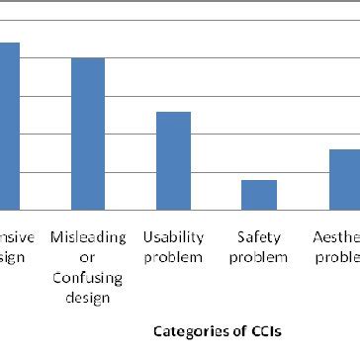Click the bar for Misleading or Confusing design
click(88, 134)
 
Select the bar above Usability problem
click(173, 160)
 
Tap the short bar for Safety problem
click(259, 195)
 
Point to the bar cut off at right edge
click(344, 179)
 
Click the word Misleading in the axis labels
click(88, 237)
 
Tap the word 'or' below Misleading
click(88, 257)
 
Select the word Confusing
click(88, 277)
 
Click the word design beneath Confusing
click(88, 296)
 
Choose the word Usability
click(173, 237)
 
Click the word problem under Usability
click(173, 257)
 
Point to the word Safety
click(259, 237)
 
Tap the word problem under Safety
click(259, 257)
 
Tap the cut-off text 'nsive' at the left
click(17, 237)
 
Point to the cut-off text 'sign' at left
click(12, 257)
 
